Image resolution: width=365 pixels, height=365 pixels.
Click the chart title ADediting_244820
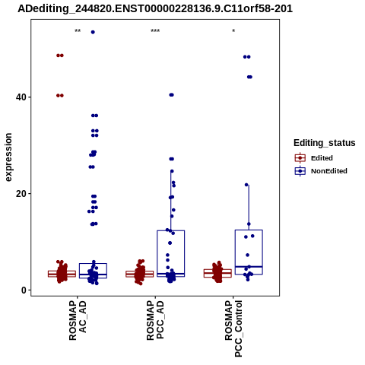tap(155, 8)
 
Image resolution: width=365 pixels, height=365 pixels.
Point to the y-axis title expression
tap(8, 157)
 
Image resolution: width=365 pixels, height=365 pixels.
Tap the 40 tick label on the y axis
tap(21, 97)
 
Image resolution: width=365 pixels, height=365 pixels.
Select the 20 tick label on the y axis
tap(21, 194)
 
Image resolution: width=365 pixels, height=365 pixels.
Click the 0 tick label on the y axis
tap(24, 290)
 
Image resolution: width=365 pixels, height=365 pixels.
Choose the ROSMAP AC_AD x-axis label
tap(78, 320)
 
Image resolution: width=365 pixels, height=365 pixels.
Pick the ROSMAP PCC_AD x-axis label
tap(155, 320)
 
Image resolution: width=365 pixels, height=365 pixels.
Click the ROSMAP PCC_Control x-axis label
tap(233, 328)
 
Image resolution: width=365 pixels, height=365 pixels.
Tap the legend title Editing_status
tap(325, 143)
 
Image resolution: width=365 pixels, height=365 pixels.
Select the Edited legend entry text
tap(322, 158)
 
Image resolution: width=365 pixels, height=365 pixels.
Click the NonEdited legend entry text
tap(329, 171)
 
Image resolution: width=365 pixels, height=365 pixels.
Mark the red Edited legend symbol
tap(300, 158)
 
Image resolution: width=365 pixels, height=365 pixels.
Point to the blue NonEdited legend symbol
tap(300, 171)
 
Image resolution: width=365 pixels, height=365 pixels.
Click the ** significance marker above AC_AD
tap(78, 31)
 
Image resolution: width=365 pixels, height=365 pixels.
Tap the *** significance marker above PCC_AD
tap(155, 31)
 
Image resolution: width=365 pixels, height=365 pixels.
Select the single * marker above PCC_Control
tap(233, 31)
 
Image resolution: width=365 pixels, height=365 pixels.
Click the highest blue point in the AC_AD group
tap(93, 32)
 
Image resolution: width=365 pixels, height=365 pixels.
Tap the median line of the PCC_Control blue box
tap(249, 267)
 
